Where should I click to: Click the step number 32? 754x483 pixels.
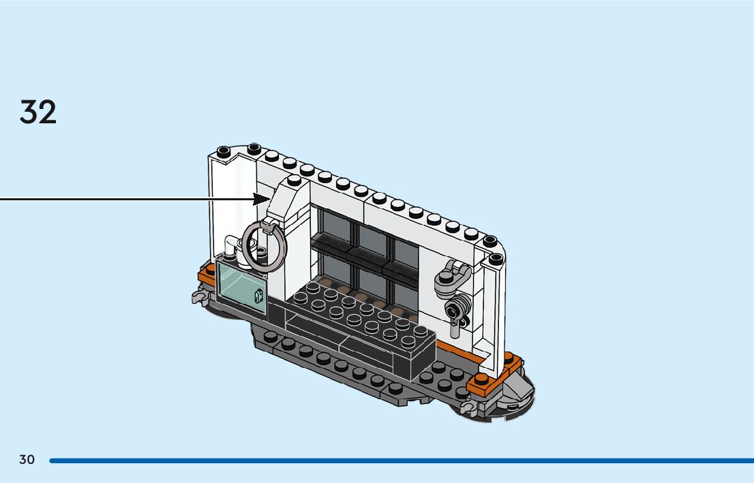coord(38,112)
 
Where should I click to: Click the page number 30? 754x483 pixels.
coord(27,460)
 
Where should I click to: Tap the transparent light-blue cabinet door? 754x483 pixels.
coord(241,287)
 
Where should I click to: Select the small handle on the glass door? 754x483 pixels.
coord(259,296)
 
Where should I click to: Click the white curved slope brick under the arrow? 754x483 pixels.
coord(286,204)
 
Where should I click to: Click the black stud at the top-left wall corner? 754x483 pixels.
coord(223,151)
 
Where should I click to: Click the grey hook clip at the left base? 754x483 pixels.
coord(198,296)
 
